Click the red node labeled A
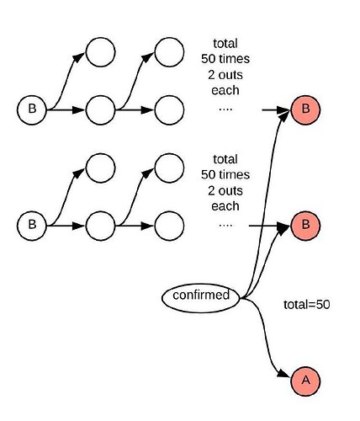coord(305,381)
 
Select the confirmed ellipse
coord(201,296)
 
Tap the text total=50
coord(306,305)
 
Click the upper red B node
coord(305,109)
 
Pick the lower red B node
coord(305,226)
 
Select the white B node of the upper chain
coord(32,109)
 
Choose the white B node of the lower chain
coord(32,226)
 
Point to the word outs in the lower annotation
coord(230,191)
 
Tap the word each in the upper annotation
coord(225,91)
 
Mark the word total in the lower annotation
coord(225,159)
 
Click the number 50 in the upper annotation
coord(209,59)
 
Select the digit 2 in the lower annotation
coord(211,191)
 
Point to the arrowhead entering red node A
coord(283,374)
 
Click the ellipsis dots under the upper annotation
coord(225,109)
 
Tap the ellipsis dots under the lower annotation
coord(225,225)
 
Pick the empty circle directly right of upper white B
coord(100,109)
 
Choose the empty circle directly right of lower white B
coord(100,226)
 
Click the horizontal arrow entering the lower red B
coord(270,226)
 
